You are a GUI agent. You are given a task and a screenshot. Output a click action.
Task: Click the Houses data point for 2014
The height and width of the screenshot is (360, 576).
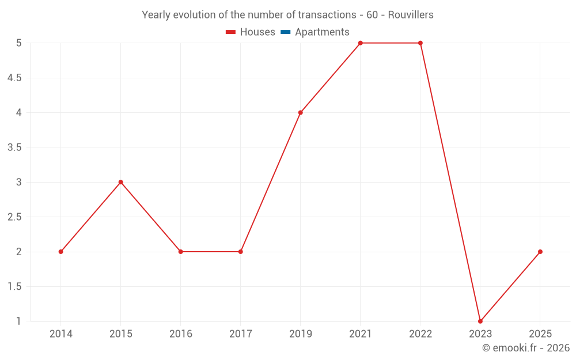pyautogui.click(x=60, y=252)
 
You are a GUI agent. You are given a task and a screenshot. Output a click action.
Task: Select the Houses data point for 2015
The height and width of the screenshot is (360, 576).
pyautogui.click(x=121, y=182)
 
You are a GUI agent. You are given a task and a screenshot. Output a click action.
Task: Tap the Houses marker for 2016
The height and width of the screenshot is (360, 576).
pyautogui.click(x=180, y=252)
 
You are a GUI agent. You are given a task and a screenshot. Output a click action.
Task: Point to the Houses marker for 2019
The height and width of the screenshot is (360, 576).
pyautogui.click(x=301, y=112)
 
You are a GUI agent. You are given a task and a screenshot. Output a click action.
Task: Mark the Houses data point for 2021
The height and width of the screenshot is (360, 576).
pyautogui.click(x=361, y=43)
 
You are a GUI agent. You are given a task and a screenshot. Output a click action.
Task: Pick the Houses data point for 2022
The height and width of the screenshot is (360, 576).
pyautogui.click(x=420, y=43)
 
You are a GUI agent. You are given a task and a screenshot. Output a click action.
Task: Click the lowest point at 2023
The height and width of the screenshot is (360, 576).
pyautogui.click(x=480, y=321)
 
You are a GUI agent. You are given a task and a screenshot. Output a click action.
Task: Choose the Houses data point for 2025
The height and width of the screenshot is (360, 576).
pyautogui.click(x=540, y=252)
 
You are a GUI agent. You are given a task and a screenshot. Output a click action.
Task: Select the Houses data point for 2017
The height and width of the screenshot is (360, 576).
pyautogui.click(x=241, y=252)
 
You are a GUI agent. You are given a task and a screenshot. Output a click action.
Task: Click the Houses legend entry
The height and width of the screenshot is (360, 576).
pyautogui.click(x=251, y=32)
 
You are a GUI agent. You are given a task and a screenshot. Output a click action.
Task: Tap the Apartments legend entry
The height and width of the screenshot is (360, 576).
pyautogui.click(x=315, y=32)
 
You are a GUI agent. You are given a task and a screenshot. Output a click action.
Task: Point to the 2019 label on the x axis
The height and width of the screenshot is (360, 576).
pyautogui.click(x=301, y=334)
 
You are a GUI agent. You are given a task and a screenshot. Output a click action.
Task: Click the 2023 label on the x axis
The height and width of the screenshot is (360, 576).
pyautogui.click(x=480, y=334)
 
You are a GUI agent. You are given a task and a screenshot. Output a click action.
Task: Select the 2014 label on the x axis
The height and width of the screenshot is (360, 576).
pyautogui.click(x=61, y=334)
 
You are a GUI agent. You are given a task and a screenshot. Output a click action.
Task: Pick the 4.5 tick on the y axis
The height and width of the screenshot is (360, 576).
pyautogui.click(x=14, y=78)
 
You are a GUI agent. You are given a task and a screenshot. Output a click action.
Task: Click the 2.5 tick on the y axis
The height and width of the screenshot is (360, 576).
pyautogui.click(x=14, y=217)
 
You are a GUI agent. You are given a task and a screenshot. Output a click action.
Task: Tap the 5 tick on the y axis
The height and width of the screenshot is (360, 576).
pyautogui.click(x=19, y=43)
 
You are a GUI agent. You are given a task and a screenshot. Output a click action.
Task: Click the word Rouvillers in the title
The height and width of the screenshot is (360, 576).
pyautogui.click(x=411, y=15)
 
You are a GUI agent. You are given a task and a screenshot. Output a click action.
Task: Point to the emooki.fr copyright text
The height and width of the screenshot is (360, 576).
pyautogui.click(x=526, y=348)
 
